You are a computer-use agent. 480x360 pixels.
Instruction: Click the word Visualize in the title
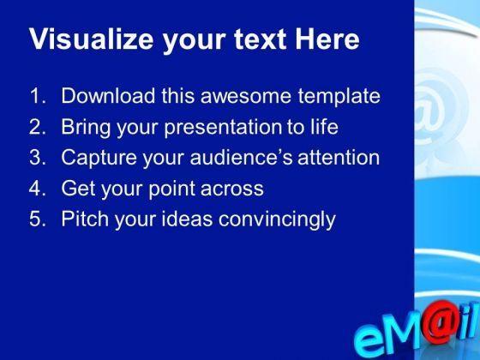pos(92,39)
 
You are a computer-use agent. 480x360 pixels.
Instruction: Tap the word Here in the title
pos(327,39)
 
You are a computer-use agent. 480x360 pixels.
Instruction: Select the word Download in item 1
pos(108,96)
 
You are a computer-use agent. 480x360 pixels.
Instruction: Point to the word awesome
pos(245,96)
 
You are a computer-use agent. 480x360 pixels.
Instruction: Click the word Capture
pos(99,159)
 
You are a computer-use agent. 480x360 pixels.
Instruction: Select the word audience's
pos(241,158)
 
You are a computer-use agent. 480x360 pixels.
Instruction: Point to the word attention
pos(339,158)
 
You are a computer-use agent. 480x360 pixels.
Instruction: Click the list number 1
pos(38,96)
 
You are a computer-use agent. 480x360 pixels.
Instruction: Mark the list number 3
pos(38,158)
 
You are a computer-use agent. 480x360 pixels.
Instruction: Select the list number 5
pos(38,219)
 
